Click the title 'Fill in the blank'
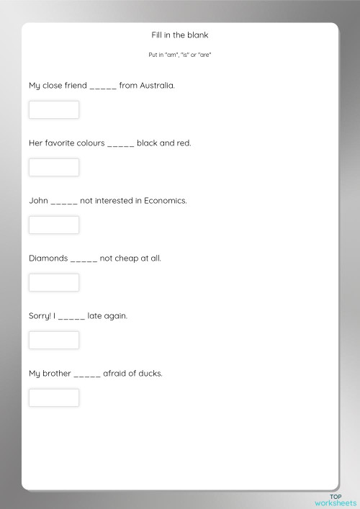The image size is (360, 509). pos(179,35)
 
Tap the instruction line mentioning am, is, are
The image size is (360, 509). pos(179,54)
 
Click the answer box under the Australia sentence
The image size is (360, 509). pos(54,109)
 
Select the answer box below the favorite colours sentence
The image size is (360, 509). pos(54,167)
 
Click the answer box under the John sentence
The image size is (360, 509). pos(54,225)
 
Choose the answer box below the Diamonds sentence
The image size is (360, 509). pos(54,282)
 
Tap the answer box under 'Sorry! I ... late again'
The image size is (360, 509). pos(54,340)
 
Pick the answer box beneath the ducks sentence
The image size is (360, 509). pos(54,397)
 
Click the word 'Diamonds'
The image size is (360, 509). pos(48,258)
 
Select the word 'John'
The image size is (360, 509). pos(38,200)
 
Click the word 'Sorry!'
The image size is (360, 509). pos(40,315)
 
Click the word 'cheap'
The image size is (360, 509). pos(126,258)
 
